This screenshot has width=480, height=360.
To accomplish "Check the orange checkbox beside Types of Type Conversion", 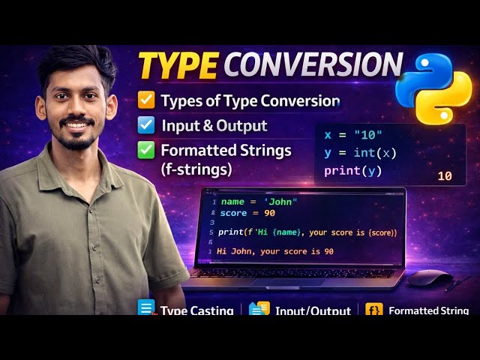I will coord(147,100).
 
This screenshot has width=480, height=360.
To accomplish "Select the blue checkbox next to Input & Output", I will coord(147,125).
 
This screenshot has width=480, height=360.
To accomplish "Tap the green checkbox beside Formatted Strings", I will coord(147,150).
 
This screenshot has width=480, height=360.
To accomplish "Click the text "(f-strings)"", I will coord(194,169).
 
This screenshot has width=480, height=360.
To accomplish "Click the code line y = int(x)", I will coord(360,153).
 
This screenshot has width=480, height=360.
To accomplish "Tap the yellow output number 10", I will coord(444,176).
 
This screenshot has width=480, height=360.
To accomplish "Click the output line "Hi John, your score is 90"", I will coord(274,251).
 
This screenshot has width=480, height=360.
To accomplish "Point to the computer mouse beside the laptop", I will coord(430,280).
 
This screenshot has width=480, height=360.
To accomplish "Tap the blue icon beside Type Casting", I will coord(146,309).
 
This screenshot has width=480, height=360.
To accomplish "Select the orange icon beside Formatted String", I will coord(373,310).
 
